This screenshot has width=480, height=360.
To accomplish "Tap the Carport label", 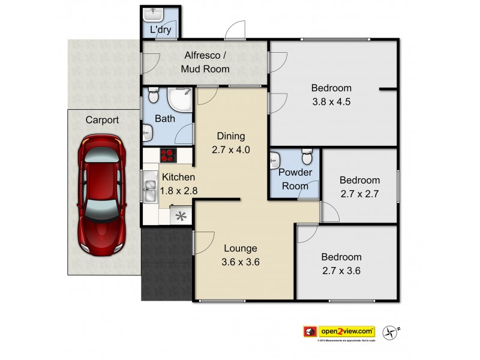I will (x=101, y=120).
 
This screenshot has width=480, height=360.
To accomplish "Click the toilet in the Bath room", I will (x=152, y=96).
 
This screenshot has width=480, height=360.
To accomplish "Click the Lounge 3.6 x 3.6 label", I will (x=241, y=255).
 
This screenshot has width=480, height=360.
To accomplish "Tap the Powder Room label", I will (x=295, y=179).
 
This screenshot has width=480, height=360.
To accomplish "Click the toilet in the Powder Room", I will (x=307, y=158).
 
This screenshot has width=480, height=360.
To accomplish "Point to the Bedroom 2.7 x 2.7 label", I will (x=359, y=187).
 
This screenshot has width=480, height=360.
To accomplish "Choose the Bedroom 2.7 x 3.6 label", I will (x=341, y=263).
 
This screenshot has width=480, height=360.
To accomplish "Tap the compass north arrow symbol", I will (x=394, y=331).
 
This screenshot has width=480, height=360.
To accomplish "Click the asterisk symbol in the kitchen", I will (x=179, y=217).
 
